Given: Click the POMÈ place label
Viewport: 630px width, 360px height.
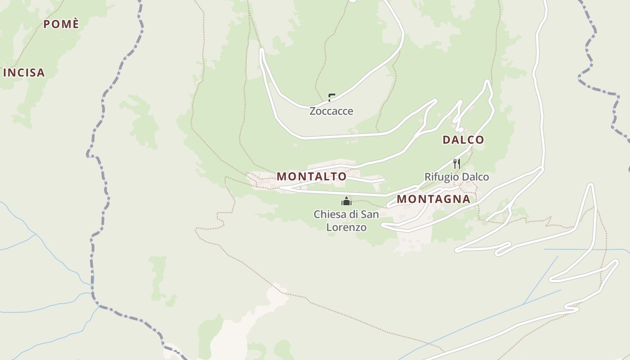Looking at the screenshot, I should (x=61, y=24).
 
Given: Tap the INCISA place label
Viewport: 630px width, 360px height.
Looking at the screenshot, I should (x=24, y=72).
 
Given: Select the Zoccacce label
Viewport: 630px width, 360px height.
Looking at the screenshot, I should (x=332, y=111).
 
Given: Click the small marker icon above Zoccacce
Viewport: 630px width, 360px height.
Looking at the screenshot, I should (x=332, y=97).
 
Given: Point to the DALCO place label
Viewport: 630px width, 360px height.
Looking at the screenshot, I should (x=463, y=140).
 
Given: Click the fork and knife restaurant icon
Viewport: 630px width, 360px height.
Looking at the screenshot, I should (x=457, y=163).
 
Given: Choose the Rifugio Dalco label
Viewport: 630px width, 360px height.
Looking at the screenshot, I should (x=457, y=177).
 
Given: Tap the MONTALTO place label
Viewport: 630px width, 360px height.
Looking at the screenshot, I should (x=312, y=176).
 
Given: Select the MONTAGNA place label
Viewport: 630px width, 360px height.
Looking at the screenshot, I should (x=433, y=199).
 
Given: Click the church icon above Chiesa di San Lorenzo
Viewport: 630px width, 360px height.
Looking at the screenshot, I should (x=346, y=201).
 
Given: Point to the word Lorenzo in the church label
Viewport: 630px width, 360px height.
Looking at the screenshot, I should (x=346, y=227).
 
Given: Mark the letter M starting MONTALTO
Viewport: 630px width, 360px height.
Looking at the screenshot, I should (x=281, y=176).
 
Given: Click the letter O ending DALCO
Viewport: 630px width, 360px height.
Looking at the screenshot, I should (x=480, y=140).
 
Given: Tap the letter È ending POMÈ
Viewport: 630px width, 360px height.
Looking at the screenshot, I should (x=76, y=24).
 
